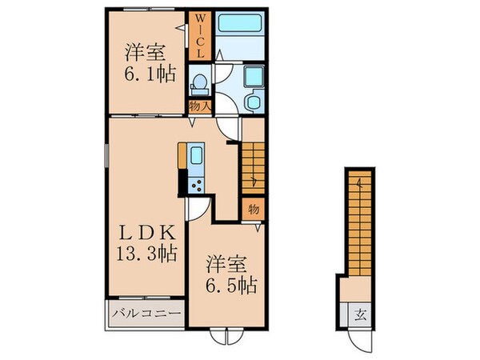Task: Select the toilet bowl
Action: pos(198,82)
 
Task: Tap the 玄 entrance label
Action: pos(354,313)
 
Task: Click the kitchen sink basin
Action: pos(197,156)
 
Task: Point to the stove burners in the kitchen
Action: pos(197,183)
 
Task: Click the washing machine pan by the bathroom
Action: pos(254,77)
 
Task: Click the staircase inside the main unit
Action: pos(253,168)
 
